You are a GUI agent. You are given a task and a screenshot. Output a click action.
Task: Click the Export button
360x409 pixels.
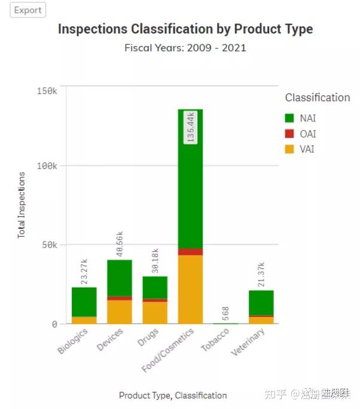(x=28, y=10)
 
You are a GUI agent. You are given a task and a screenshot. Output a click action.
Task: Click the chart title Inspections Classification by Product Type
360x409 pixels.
(x=185, y=29)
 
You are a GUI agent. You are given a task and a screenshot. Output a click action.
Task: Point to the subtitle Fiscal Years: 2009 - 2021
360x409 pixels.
(x=185, y=48)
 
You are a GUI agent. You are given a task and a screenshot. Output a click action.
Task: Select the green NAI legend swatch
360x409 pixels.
(x=290, y=118)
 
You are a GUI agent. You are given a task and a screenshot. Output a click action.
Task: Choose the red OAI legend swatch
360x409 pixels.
(x=290, y=134)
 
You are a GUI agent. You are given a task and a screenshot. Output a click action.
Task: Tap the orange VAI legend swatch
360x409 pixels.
(x=290, y=149)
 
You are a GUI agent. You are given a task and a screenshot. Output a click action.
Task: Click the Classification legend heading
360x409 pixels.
(x=317, y=97)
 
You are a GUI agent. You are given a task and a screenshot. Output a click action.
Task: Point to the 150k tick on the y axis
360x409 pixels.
(x=47, y=90)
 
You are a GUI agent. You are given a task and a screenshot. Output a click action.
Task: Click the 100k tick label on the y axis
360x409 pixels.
(x=47, y=166)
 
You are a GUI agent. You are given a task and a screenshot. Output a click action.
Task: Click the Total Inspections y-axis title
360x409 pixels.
(x=22, y=205)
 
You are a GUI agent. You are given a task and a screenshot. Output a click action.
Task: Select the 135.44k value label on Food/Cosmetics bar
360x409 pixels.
(x=191, y=126)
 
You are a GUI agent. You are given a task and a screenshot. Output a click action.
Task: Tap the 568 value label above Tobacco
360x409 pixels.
(x=225, y=313)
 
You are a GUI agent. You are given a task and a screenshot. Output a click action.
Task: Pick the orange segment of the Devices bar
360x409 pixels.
(x=120, y=312)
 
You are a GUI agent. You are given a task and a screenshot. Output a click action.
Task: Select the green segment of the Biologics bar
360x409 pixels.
(x=84, y=302)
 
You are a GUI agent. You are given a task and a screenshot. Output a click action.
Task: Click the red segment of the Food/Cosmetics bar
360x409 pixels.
(x=190, y=252)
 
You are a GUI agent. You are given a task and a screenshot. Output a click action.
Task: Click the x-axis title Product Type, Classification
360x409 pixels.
(x=173, y=395)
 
